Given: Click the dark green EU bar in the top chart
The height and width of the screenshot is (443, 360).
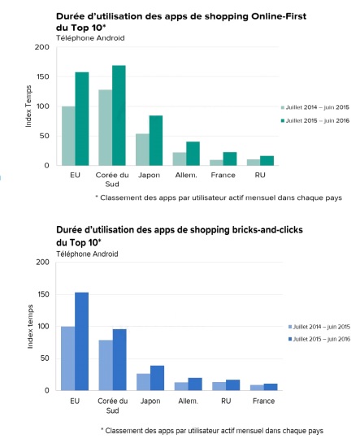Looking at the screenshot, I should (82, 119).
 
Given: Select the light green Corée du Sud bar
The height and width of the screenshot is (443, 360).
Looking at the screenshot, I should (105, 128).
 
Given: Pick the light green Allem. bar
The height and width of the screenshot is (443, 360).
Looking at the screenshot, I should (180, 159).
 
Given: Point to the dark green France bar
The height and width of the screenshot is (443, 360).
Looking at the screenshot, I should (231, 159).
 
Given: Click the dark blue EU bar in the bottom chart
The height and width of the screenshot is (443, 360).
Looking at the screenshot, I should (82, 341).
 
